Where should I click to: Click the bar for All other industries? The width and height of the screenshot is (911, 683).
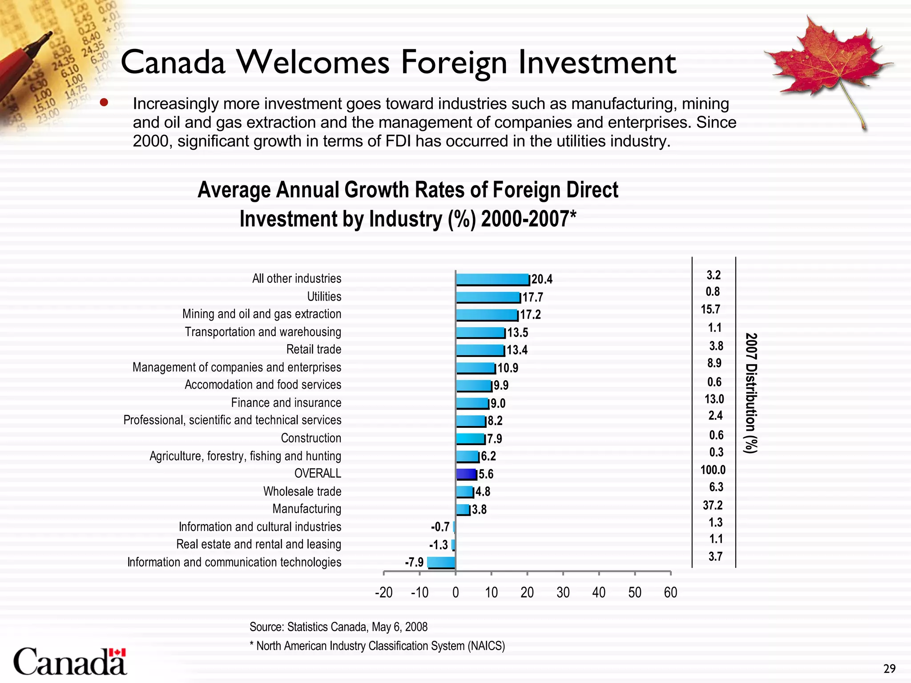492,279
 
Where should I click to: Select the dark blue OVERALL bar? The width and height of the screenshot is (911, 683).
466,474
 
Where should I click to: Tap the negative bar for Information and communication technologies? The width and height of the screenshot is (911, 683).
441,562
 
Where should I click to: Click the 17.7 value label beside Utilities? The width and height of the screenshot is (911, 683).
533,297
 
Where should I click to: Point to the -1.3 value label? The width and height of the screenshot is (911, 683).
438,545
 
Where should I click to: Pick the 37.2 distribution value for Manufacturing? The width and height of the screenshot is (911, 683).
713,505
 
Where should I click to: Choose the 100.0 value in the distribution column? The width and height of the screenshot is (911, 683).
713,470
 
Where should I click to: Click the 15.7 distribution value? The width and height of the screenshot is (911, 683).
710,309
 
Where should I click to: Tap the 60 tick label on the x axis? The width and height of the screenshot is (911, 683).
670,592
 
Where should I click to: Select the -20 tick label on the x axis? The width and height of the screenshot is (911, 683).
383,592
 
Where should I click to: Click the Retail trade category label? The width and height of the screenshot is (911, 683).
314,350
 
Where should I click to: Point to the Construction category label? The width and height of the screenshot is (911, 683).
311,438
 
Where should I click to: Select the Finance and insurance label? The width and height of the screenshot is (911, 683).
286,403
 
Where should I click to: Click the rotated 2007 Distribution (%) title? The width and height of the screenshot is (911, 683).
751,393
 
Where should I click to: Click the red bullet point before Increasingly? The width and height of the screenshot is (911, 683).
104,103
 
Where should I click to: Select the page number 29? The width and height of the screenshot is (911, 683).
889,669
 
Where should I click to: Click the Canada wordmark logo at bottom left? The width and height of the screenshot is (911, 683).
70,662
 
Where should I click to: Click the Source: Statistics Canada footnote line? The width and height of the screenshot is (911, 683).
338,627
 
